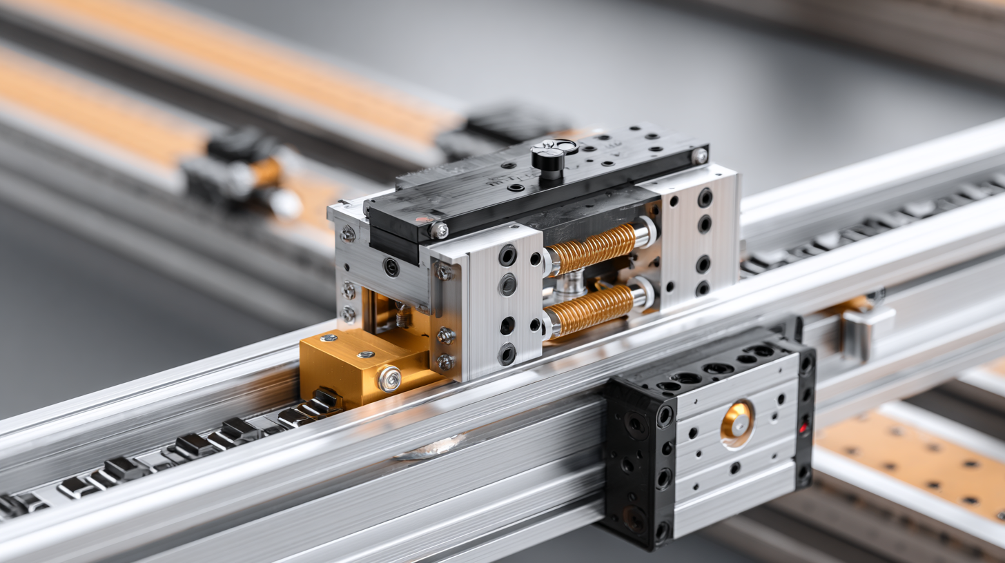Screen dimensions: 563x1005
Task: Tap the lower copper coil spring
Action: coord(591,309)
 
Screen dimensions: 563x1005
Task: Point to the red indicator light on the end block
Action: coord(803,428)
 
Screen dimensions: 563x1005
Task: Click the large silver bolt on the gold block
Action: coord(389,378)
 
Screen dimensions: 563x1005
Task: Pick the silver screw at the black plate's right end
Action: coord(700,156)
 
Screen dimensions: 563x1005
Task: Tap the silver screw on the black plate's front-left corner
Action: coord(438,230)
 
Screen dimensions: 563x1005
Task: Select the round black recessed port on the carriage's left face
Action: coord(391,267)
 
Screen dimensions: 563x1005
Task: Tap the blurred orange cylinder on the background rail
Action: coord(266,172)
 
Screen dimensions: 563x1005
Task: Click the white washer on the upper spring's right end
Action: coord(646,233)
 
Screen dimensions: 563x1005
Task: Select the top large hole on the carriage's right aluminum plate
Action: coord(705,198)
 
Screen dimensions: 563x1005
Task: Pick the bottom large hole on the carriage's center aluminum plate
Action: coord(507,354)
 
